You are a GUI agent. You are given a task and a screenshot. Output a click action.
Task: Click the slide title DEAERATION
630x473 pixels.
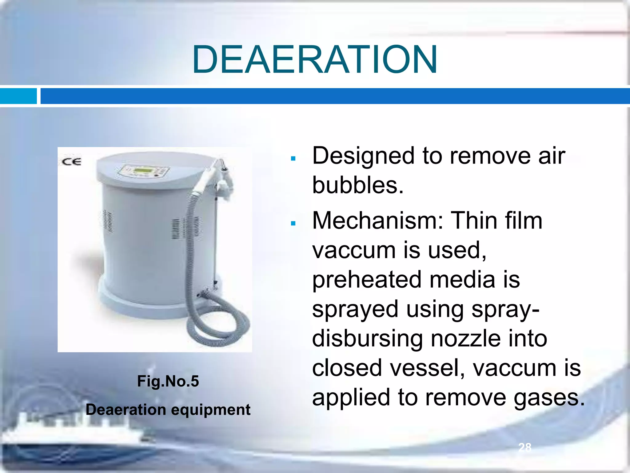click(x=314, y=59)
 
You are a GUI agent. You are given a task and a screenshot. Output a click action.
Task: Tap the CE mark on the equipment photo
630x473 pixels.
click(x=71, y=162)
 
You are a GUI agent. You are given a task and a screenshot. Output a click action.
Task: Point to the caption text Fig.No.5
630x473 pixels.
click(x=168, y=381)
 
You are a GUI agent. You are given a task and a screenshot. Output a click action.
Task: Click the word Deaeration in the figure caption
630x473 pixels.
click(x=126, y=410)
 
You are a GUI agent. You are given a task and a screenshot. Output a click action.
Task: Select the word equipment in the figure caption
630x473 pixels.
click(x=211, y=410)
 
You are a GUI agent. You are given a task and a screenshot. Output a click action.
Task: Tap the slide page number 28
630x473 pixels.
click(x=525, y=447)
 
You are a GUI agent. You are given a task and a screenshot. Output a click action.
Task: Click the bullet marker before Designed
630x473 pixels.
click(x=293, y=159)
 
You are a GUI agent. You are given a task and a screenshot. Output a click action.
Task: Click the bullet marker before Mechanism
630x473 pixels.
click(x=293, y=223)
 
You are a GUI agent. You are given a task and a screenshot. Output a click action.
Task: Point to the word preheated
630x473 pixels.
click(x=366, y=280)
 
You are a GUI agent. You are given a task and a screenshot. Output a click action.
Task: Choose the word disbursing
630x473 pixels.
click(x=367, y=338)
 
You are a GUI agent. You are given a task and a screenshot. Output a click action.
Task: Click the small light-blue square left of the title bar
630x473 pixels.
click(x=18, y=96)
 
